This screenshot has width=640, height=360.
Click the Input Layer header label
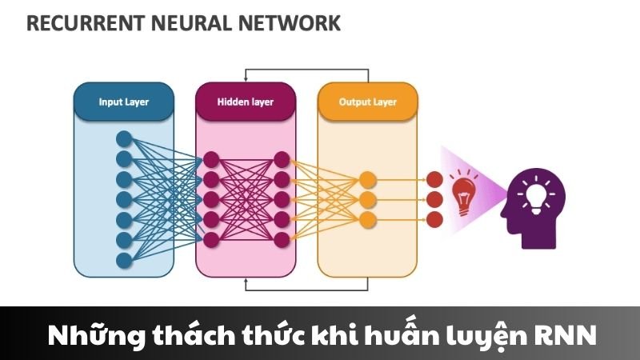click(x=123, y=102)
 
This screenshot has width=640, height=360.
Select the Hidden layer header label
click(x=245, y=102)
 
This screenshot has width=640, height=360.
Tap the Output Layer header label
click(x=367, y=102)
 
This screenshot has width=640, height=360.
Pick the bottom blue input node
click(x=123, y=260)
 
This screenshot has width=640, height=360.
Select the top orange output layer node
click(x=367, y=178)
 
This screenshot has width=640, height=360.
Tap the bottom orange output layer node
click(x=367, y=218)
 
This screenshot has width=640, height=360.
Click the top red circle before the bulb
click(x=434, y=178)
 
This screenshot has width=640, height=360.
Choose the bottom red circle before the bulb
click(x=434, y=218)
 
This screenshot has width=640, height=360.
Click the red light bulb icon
click(x=464, y=196)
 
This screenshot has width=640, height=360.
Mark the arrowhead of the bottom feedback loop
click(x=248, y=282)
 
